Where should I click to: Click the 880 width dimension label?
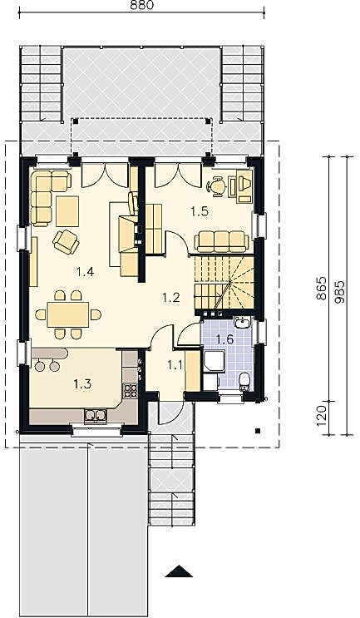pos(141,5)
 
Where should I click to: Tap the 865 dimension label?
pos(322,288)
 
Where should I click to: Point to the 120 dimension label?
pos(322,415)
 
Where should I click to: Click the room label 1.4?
pos(85,271)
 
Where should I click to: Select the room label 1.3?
pos(82,383)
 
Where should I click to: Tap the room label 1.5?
pos(200,211)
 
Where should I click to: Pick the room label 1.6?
pos(225,339)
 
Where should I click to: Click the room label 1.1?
pos(175,365)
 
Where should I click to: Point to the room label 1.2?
pos(171,297)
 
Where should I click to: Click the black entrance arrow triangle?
pos(179,571)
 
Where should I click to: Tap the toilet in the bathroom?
pos(244,381)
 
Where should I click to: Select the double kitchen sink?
pos(96,416)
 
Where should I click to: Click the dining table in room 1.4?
pos(68,314)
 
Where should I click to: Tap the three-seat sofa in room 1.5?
pos(222,241)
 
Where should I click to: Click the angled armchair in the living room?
pos(67,241)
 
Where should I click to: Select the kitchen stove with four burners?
pos(130,390)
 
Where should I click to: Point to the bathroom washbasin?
pos(241,323)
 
